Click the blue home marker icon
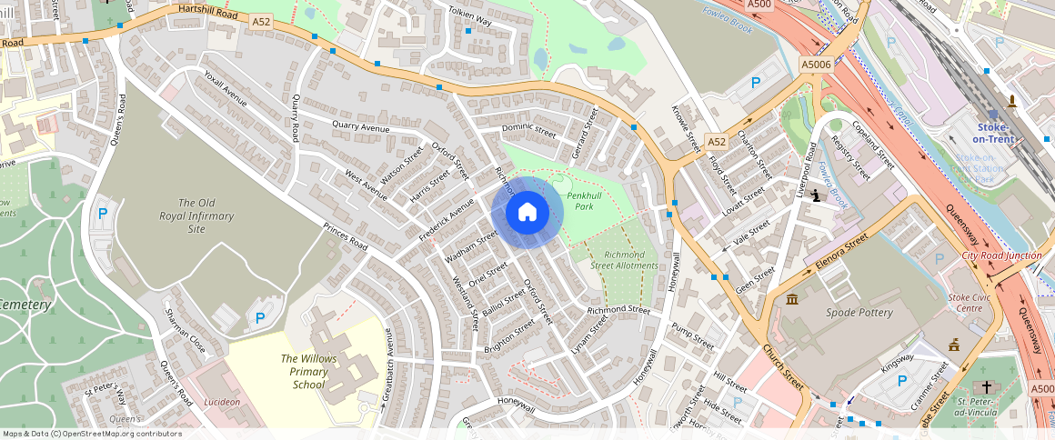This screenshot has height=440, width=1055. point(527,213)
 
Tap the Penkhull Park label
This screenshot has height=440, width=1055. point(580,200)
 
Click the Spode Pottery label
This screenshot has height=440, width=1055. point(859,313)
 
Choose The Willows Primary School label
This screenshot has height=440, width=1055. point(308,371)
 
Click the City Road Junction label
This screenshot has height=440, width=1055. point(1001,255)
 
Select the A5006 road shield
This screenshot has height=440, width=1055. point(816,65)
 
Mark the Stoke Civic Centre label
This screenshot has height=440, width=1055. point(971,302)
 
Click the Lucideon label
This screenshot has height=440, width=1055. point(222,401)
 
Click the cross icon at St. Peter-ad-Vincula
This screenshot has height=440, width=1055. point(987,387)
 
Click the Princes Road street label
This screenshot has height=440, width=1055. point(346,238)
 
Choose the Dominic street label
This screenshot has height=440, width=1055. point(528,129)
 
